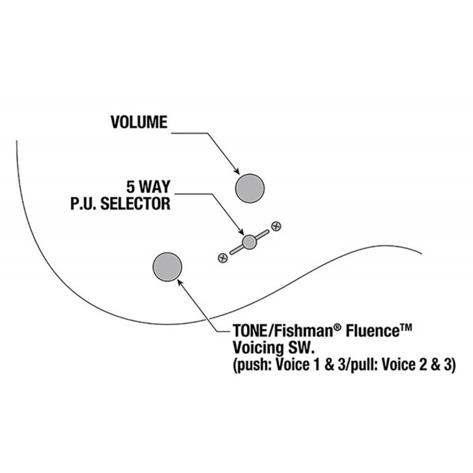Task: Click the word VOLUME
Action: tap(139, 122)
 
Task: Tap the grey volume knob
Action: tap(250, 188)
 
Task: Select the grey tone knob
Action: tap(167, 267)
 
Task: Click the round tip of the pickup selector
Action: tap(250, 242)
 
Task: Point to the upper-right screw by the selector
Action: tap(276, 226)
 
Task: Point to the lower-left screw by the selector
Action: tap(223, 258)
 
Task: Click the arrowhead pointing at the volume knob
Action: tap(236, 171)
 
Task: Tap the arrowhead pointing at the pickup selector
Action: tap(241, 231)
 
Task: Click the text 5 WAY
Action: tap(148, 187)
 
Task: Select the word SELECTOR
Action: tap(135, 203)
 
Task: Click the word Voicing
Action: tap(257, 348)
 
